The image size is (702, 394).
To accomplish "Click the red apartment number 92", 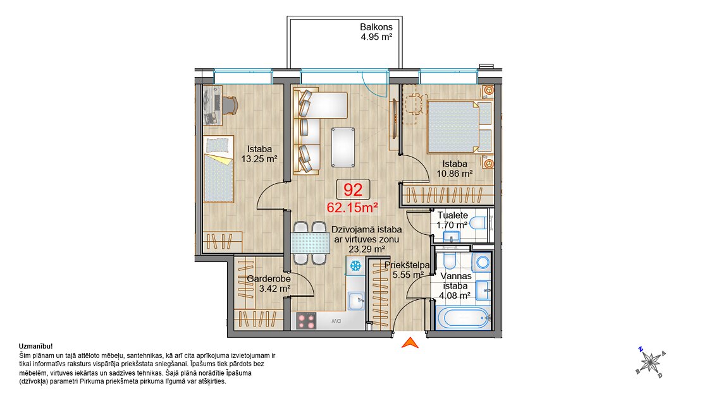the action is click(353, 189).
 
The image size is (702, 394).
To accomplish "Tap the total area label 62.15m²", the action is click(352, 208).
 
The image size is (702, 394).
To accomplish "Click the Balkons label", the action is click(376, 27).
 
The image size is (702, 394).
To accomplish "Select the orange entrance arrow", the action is click(410, 343).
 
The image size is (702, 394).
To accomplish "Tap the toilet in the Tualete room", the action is click(478, 222).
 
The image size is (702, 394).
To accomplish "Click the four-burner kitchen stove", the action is click(306, 321).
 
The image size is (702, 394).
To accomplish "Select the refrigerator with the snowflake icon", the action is click(355, 266).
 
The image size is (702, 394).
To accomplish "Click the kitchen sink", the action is click(356, 301).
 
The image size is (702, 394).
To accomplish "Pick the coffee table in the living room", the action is click(343, 147).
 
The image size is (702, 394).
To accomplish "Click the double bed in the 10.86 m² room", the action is click(459, 127).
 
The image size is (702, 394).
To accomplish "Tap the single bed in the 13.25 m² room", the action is click(219, 169).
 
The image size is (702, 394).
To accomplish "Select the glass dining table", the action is click(310, 244).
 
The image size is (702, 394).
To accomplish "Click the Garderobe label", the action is click(269, 278).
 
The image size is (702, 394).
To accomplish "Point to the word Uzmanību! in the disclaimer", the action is click(36, 346).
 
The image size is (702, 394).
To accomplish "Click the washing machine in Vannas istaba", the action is click(482, 263).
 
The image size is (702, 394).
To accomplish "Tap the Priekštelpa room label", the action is click(407, 265).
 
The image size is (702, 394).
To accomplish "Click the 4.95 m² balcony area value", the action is click(376, 37).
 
